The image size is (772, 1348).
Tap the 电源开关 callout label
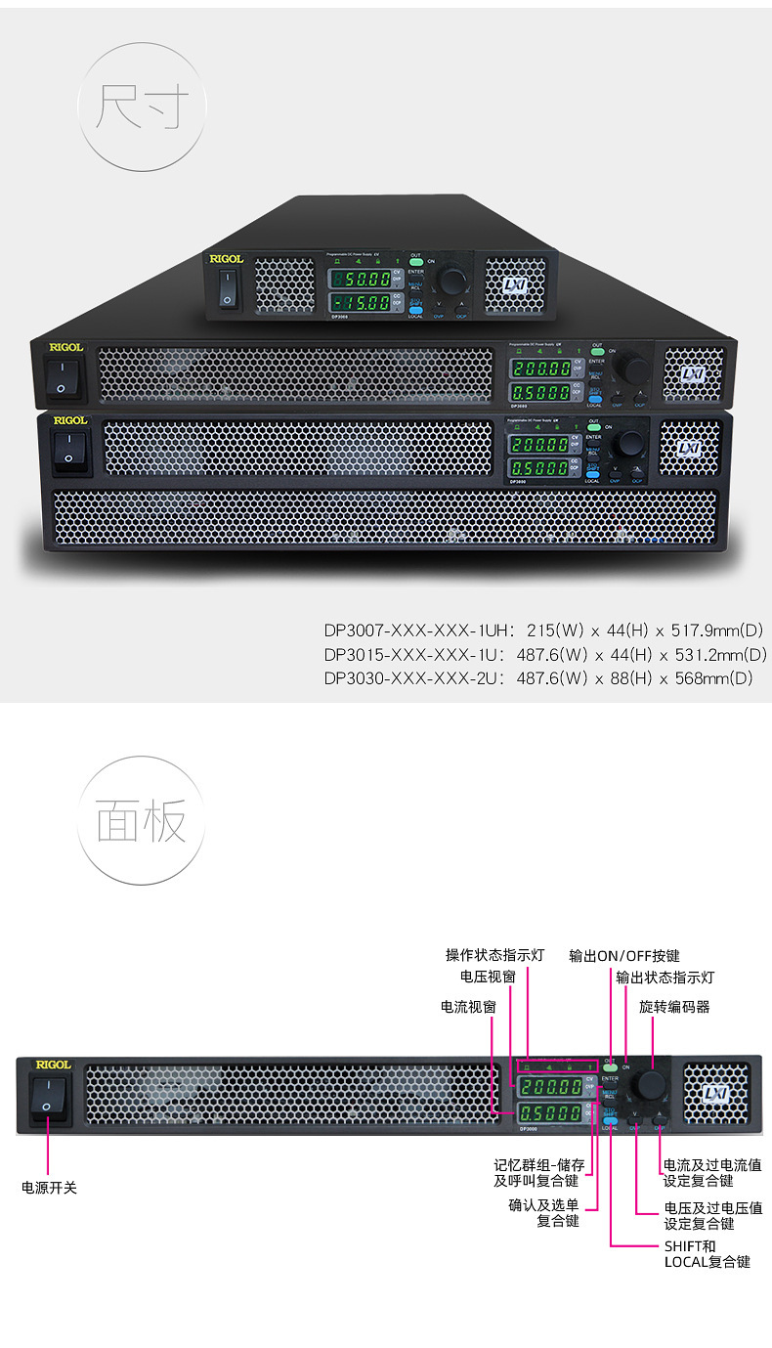[49, 1188]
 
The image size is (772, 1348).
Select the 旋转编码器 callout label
[674, 1006]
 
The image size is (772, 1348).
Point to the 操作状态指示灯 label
[494, 955]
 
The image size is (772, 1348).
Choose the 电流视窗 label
[468, 1006]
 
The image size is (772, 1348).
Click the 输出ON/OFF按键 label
[624, 955]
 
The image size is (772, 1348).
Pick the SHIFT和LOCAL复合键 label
[707, 1254]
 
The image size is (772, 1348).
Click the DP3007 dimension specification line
[545, 630]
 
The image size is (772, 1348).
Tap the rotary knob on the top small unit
[452, 282]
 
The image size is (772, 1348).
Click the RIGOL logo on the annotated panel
[53, 1065]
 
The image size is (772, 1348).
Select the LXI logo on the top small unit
[515, 283]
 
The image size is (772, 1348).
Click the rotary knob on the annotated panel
[648, 1086]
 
